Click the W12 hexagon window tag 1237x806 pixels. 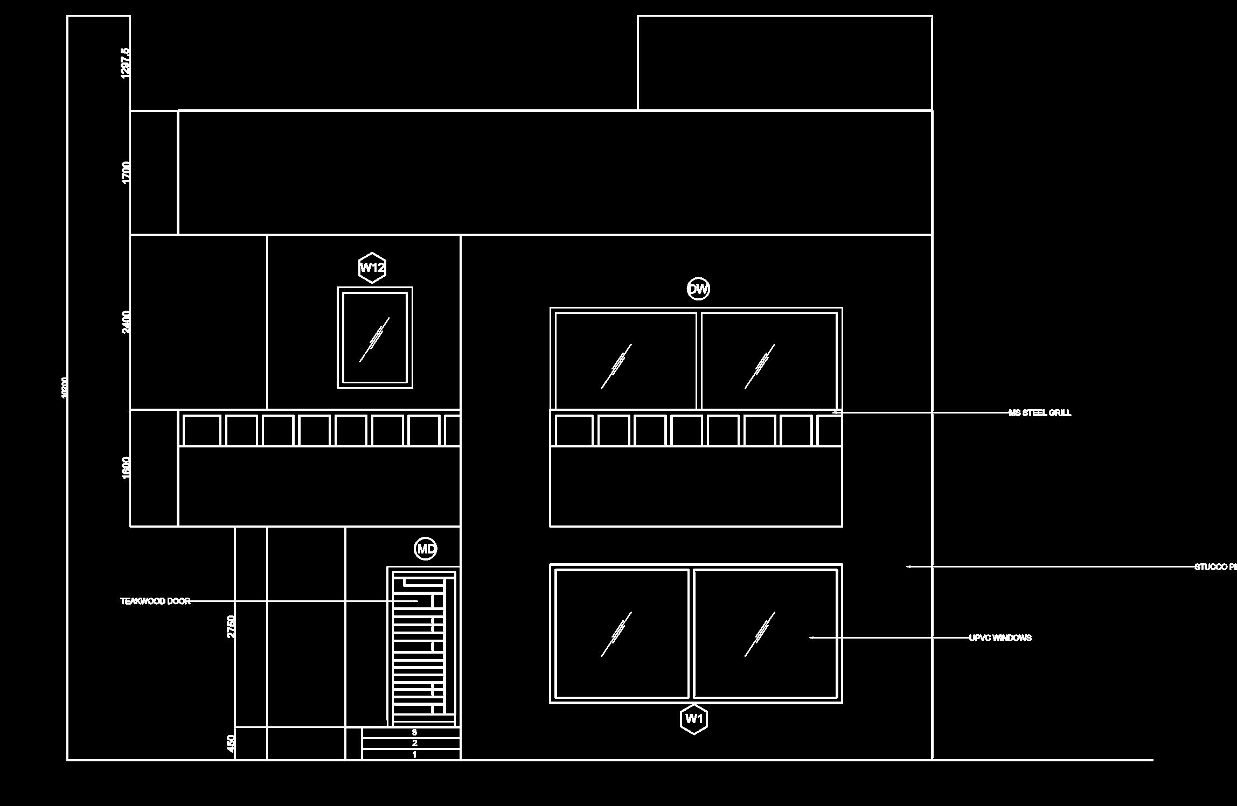pos(372,268)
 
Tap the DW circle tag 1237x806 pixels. pos(698,289)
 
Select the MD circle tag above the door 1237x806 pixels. pos(426,549)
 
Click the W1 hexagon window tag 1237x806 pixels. pos(694,719)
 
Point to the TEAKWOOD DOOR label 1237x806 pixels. pos(155,601)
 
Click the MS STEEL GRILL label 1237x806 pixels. pos(1040,413)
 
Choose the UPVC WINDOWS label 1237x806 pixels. pos(1000,638)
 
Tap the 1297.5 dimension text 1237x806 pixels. pos(126,63)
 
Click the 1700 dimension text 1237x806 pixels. pos(126,172)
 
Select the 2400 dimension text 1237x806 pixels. pos(126,322)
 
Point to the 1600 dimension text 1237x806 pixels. pos(126,467)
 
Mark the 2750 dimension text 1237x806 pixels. pos(231,627)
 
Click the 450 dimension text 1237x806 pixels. pos(231,744)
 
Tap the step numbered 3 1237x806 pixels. pos(414,732)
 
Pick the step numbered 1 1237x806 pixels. pos(414,755)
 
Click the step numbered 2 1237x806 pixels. pos(414,744)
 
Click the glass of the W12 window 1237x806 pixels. pos(375,338)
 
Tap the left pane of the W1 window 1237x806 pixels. pos(622,634)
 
